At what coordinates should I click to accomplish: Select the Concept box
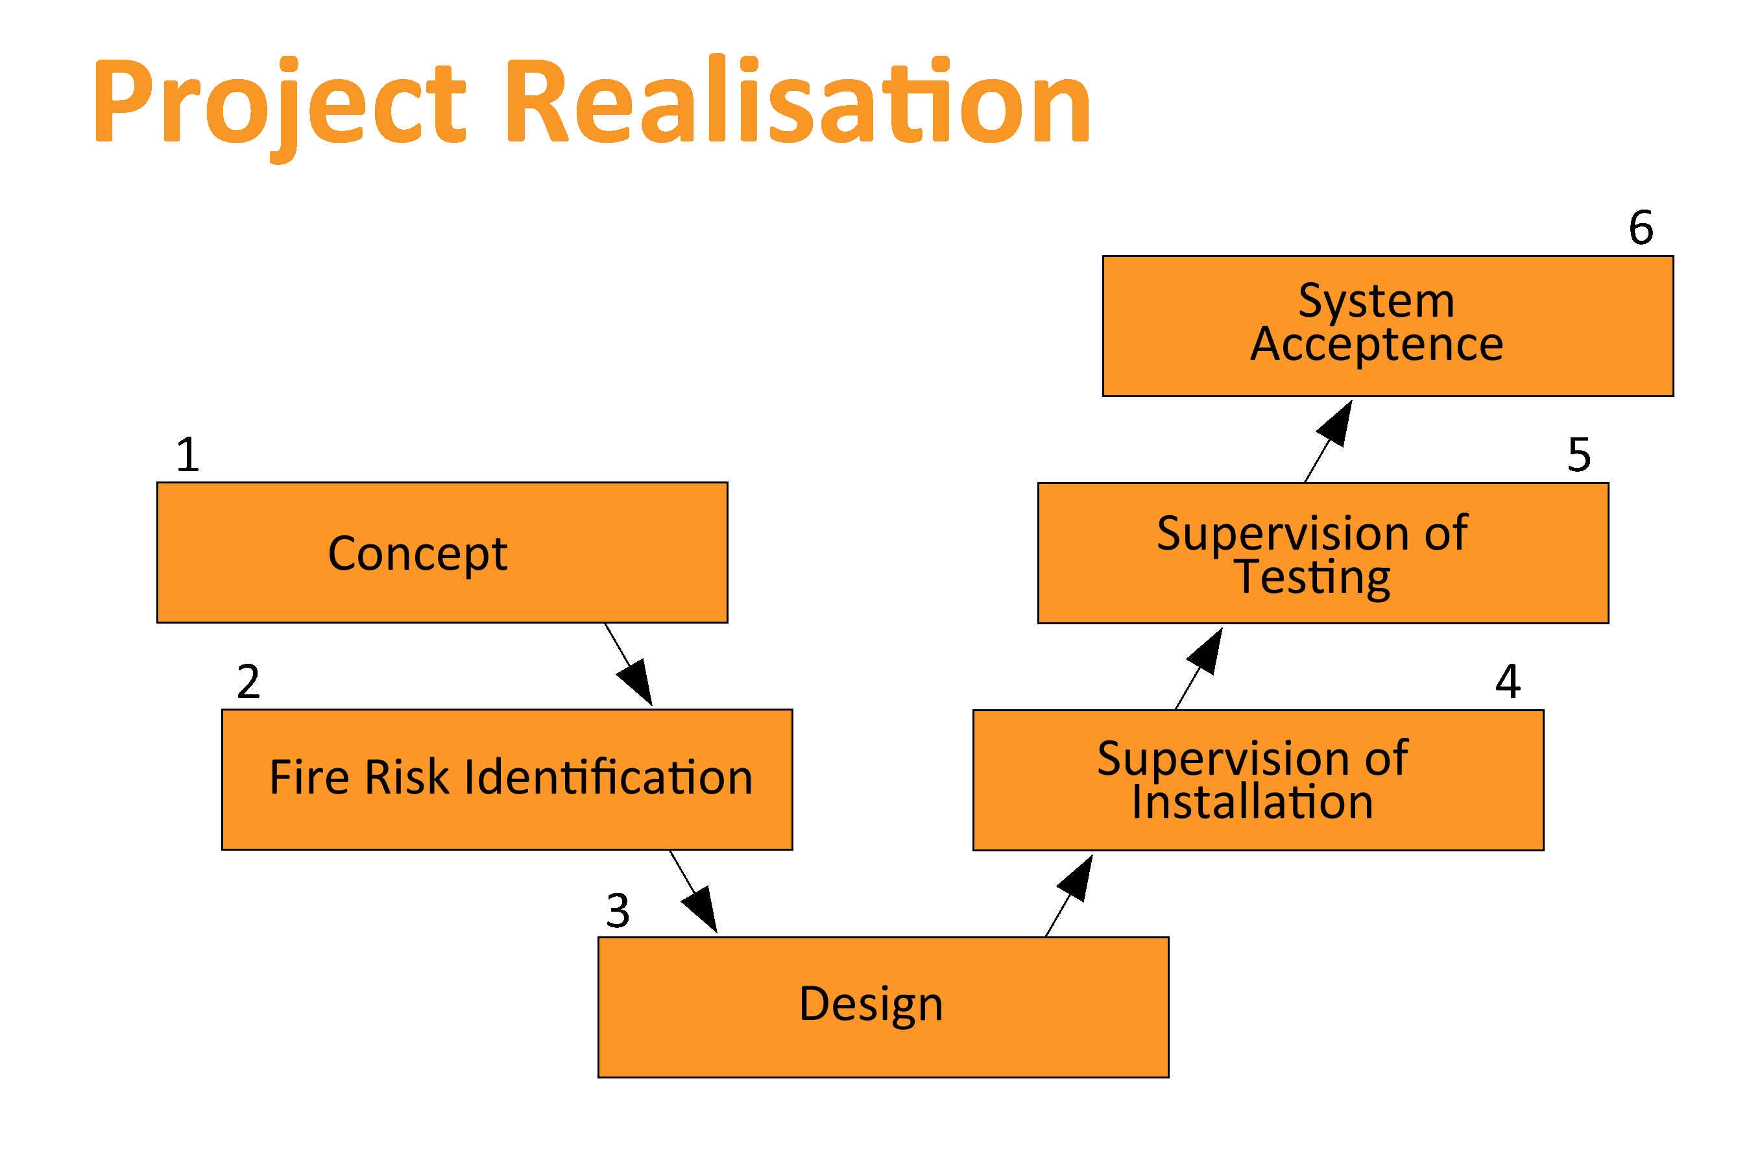[x=442, y=553]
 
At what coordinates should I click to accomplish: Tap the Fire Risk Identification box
[x=507, y=780]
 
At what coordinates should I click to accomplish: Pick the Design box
[x=883, y=1007]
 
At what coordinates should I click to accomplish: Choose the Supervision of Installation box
[x=1259, y=780]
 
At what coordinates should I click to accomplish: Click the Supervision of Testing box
[x=1323, y=553]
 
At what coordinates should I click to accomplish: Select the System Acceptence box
[x=1388, y=326]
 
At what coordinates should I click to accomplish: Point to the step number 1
[x=188, y=454]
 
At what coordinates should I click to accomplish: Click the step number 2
[x=248, y=681]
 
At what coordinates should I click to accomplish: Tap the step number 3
[x=618, y=910]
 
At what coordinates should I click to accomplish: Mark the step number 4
[x=1508, y=681]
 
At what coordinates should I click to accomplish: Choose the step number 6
[x=1641, y=227]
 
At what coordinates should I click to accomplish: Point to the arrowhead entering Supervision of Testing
[x=1205, y=651]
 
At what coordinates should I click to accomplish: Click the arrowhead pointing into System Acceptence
[x=1335, y=424]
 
